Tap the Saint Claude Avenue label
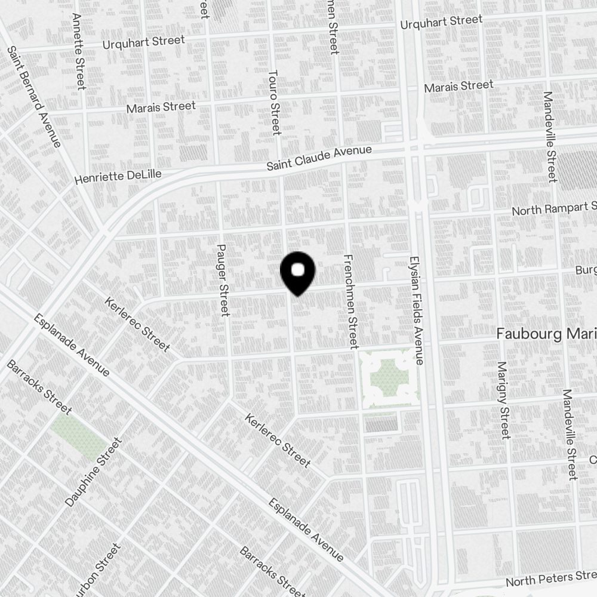pos(319,159)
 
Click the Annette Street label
pos(78,51)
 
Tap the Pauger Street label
pos(223,280)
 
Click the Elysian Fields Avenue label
pos(416,311)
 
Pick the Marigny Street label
pos(503,399)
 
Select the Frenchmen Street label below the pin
pos(350,301)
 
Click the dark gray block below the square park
pos(381,424)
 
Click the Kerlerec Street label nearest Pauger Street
pos(137,324)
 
